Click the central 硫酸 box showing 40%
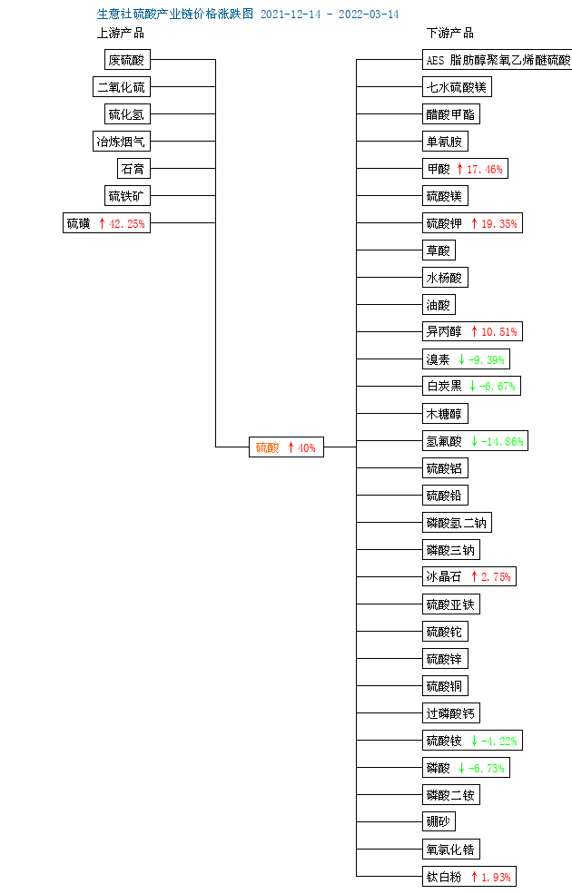[286, 447]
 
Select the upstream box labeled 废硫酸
[127, 59]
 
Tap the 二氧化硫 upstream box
[122, 86]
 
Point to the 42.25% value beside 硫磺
[126, 223]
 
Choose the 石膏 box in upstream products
[133, 169]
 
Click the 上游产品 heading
[121, 33]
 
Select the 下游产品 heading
[450, 33]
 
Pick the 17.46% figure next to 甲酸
[484, 170]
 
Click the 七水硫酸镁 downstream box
[457, 86]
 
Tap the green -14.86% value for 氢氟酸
[502, 442]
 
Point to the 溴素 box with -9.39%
[466, 359]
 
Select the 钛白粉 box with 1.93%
[468, 877]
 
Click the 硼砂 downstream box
[439, 821]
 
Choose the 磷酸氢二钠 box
[457, 522]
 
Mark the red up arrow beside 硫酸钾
[474, 223]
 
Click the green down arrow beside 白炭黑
[472, 386]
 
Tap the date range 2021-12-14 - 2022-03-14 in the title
[330, 15]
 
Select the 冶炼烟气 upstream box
[122, 142]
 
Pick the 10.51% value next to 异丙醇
[499, 332]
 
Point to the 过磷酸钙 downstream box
[450, 712]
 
